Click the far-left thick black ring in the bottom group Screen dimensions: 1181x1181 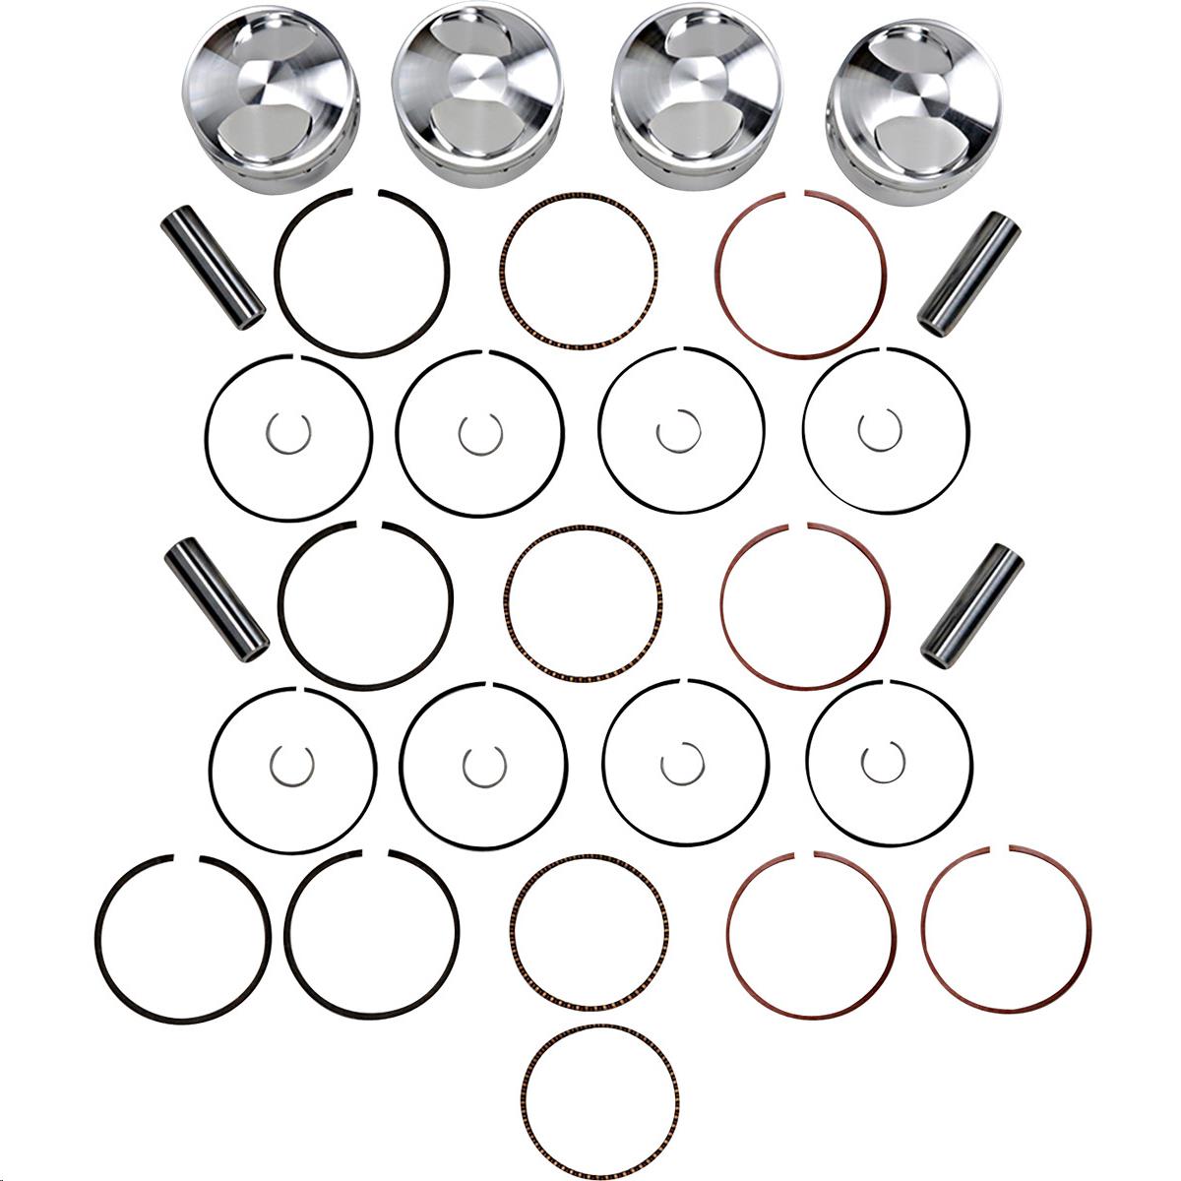tap(97, 930)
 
